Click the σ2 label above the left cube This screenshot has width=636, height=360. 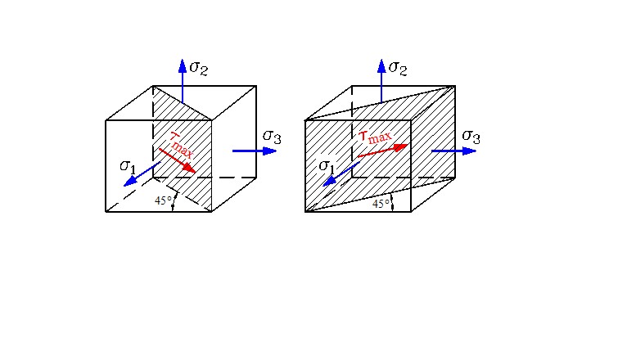click(x=199, y=68)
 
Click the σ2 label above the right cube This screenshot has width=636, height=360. click(x=398, y=68)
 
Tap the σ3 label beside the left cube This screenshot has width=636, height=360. click(x=272, y=137)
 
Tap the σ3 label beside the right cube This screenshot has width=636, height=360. click(x=471, y=137)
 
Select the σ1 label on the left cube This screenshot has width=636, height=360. click(x=128, y=166)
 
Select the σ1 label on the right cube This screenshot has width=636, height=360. click(x=327, y=166)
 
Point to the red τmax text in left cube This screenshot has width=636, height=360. click(x=182, y=145)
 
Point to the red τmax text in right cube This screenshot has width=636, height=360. click(x=376, y=137)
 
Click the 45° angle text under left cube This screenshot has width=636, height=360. click(x=163, y=200)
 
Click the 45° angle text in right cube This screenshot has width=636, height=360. click(x=381, y=204)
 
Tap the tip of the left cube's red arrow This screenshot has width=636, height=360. click(x=196, y=173)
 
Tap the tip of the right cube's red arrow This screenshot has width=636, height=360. click(x=408, y=144)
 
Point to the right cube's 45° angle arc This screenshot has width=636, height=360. click(x=392, y=202)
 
